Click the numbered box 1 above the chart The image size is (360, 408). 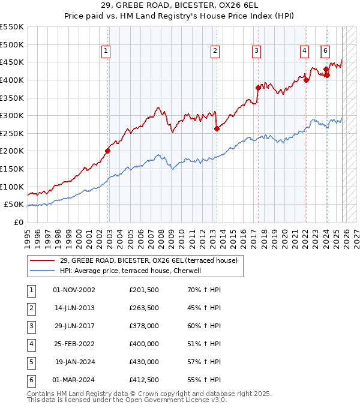(106, 52)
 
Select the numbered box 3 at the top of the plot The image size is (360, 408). (256, 52)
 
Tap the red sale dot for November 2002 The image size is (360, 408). (108, 151)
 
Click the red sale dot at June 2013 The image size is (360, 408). (217, 128)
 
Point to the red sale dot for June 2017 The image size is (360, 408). (258, 88)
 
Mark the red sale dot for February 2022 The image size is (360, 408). (306, 80)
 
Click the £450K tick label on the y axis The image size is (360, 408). (12, 62)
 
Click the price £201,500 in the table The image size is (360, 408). (144, 290)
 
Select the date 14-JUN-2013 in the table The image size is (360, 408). (74, 308)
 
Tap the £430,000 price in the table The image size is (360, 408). (144, 362)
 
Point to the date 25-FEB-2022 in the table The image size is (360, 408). (74, 344)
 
